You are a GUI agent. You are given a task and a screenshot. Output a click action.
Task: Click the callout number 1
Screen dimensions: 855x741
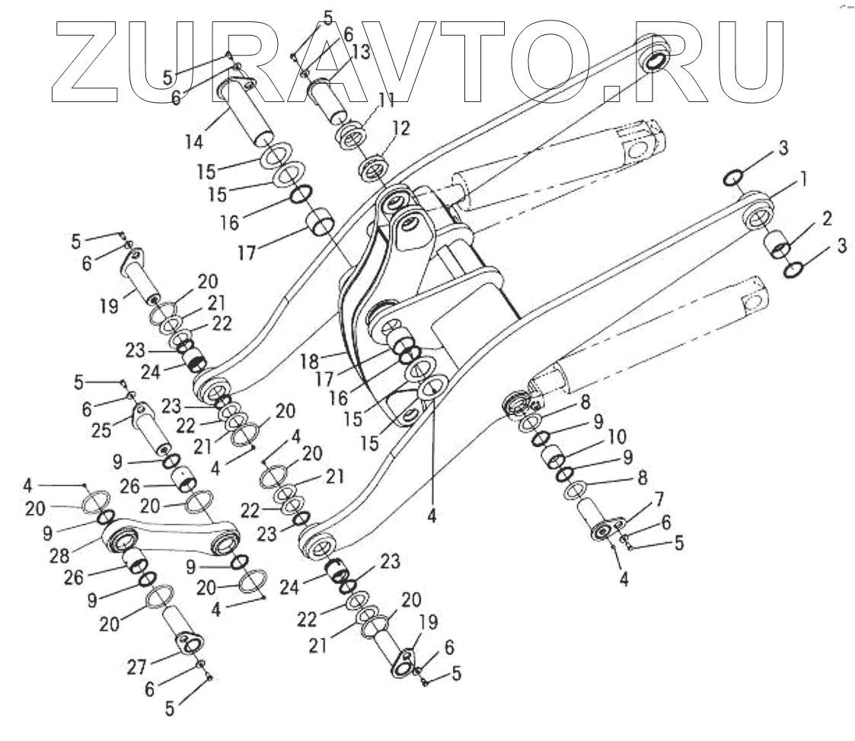(x=802, y=180)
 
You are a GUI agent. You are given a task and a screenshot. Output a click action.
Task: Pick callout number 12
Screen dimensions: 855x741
(x=402, y=129)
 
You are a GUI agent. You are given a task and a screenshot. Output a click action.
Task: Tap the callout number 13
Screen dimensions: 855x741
(x=362, y=53)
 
